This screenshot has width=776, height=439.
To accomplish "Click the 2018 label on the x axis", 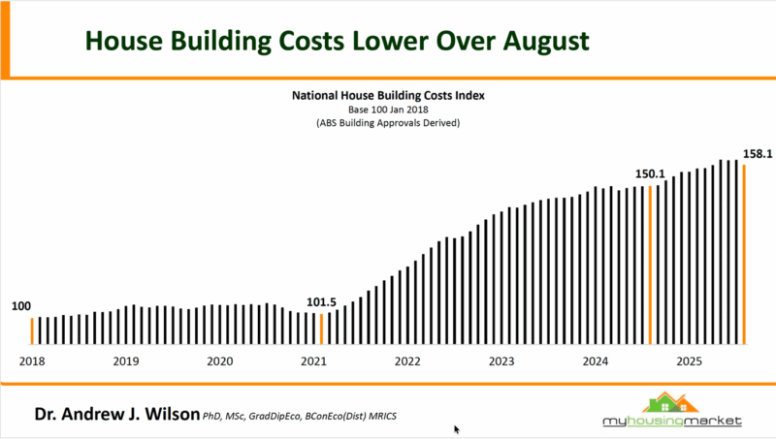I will [31, 361].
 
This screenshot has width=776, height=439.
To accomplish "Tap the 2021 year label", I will [313, 361].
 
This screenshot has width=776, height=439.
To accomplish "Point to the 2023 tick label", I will [501, 361].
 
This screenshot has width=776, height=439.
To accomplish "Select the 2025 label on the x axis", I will [689, 361].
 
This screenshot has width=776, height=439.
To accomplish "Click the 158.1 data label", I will [757, 153].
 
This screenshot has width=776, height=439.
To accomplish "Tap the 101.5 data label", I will [321, 302].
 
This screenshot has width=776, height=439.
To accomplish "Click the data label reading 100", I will [21, 306].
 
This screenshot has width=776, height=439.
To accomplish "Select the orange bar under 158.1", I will [744, 255].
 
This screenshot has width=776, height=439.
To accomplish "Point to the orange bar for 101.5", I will [322, 329].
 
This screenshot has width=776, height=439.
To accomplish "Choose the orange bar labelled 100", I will [31, 330].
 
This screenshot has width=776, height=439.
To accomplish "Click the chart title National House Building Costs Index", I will [388, 97].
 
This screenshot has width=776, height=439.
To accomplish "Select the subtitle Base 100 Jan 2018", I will [388, 110].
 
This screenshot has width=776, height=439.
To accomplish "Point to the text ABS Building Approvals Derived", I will [388, 124].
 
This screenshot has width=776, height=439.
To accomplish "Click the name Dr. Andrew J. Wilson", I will [116, 414].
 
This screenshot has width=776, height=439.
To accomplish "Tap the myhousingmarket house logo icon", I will [673, 402].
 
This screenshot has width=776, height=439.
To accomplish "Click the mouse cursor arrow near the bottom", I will [456, 428].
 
